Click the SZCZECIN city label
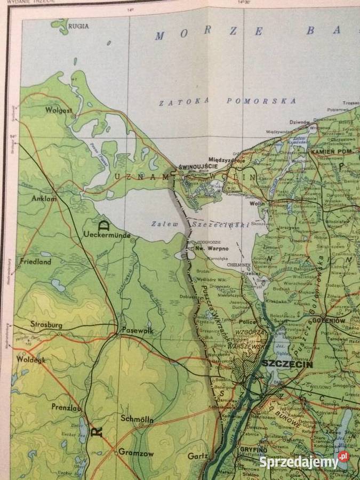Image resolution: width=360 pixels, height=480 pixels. [x=286, y=364]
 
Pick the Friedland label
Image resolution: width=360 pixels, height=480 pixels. [x=36, y=262]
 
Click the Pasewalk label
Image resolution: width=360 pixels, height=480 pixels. [x=138, y=330]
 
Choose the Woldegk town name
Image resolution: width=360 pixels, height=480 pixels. [x=31, y=360]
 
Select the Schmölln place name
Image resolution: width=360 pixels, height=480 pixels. [x=137, y=419]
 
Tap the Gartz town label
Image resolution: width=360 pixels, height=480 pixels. [x=197, y=457]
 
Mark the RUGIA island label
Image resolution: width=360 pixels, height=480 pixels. [x=78, y=26]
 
